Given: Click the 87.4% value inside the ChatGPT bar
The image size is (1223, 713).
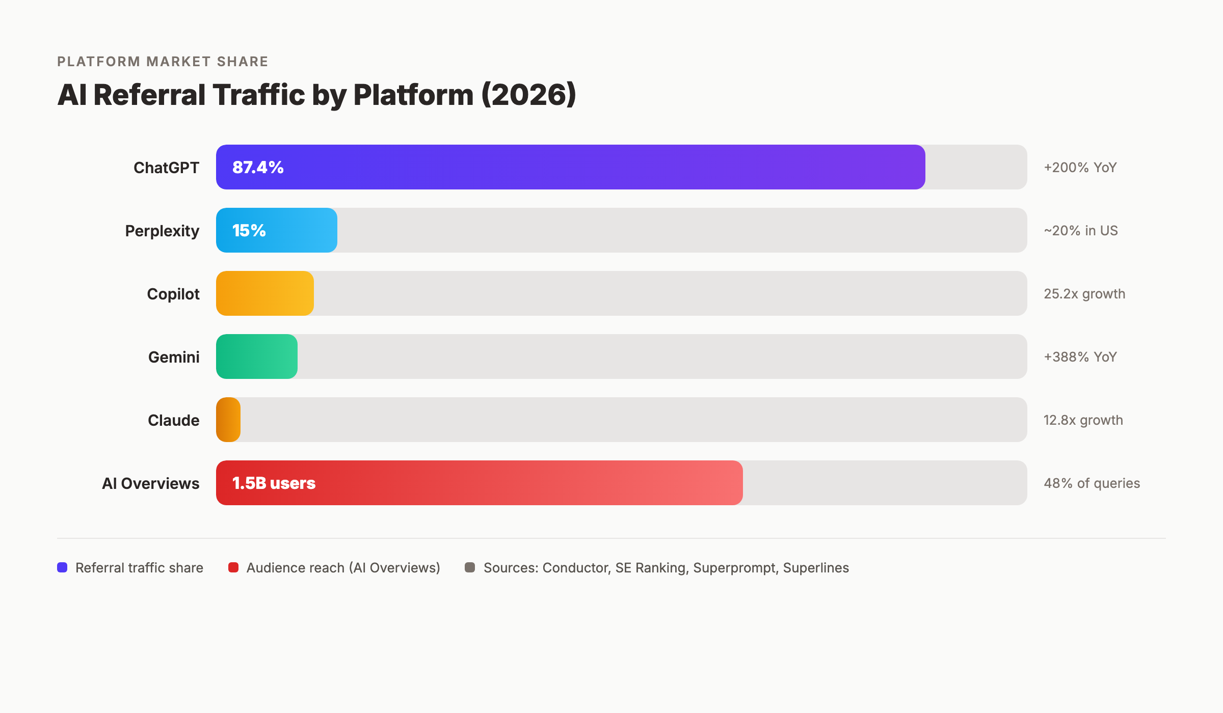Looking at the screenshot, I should pos(258,167).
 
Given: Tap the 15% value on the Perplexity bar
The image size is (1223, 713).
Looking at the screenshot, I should pos(249,230).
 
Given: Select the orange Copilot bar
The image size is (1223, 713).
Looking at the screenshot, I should pos(265,293).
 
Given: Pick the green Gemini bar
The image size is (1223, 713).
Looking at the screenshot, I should pos(257,356).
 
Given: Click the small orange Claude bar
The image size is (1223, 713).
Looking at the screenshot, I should pos(228,420).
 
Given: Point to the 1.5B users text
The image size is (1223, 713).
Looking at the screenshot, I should pos(274,483).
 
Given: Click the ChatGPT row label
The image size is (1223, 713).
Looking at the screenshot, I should pos(166,168).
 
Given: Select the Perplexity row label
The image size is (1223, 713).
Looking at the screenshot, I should pos(162,231).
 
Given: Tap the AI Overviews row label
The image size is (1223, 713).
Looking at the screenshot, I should pos(150,483).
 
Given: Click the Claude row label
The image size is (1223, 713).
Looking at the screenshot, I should pos(173,420).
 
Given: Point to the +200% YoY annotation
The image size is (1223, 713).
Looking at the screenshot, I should pos(1080,168).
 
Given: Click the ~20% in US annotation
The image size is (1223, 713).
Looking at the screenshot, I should pos(1080,231).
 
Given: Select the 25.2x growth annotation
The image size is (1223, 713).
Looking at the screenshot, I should pos(1084,294).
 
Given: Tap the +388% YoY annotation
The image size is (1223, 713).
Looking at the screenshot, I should pos(1080,357).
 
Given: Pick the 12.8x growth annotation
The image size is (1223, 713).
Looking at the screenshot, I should pos(1083,420).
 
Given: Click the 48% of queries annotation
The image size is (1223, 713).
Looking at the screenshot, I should pos(1092,483).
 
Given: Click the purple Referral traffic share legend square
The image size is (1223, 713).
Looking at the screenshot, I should pos(62,567).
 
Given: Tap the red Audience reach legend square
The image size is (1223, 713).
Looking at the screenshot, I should pos(233,567).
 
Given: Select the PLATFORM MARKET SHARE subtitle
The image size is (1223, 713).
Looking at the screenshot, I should pos(163,62).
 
